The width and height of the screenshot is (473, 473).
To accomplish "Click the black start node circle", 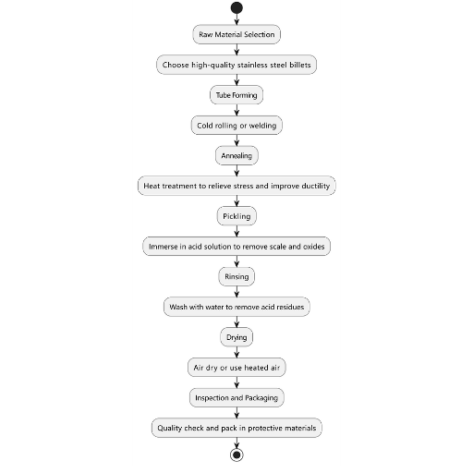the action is pyautogui.click(x=236, y=7).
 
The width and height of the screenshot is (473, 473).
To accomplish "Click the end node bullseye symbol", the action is pyautogui.click(x=236, y=455).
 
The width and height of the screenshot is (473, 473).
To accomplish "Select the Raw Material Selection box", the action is pyautogui.click(x=236, y=34).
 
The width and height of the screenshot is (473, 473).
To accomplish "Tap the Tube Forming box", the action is pyautogui.click(x=236, y=95).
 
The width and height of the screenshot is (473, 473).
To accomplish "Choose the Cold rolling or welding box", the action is pyautogui.click(x=236, y=126).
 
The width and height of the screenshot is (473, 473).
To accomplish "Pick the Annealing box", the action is pyautogui.click(x=236, y=155).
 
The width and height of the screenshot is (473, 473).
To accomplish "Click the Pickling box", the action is pyautogui.click(x=236, y=216).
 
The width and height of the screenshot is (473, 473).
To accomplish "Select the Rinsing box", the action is pyautogui.click(x=236, y=276).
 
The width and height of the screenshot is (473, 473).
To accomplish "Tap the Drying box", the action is pyautogui.click(x=236, y=337).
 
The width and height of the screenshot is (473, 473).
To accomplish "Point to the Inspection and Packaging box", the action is pyautogui.click(x=236, y=397).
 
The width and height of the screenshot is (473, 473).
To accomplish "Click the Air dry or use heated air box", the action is pyautogui.click(x=236, y=368).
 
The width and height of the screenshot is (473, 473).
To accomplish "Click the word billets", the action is pyautogui.click(x=300, y=65).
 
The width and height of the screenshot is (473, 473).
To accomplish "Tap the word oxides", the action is pyautogui.click(x=314, y=247).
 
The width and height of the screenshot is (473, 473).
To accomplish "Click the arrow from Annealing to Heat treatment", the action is pyautogui.click(x=236, y=171).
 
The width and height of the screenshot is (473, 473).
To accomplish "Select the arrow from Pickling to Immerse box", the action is pyautogui.click(x=236, y=231).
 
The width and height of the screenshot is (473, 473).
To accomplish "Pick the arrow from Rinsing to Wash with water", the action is pyautogui.click(x=236, y=292).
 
